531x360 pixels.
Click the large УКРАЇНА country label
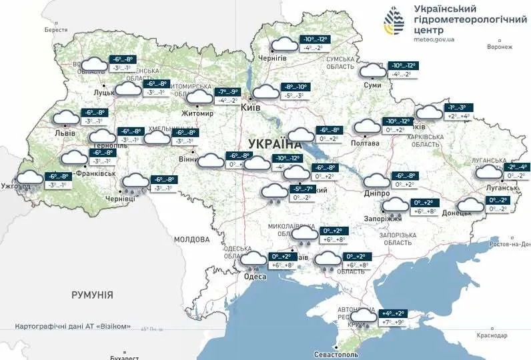click(274, 143)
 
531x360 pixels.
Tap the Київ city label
click(250, 107)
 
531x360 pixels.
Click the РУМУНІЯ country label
click(92, 294)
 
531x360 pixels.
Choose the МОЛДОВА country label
click(192, 239)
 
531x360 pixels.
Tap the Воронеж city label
click(500, 47)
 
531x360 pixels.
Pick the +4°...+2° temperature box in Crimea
click(392, 313)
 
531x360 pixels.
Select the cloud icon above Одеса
click(253, 259)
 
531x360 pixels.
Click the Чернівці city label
click(121, 199)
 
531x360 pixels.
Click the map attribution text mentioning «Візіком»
click(80, 327)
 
